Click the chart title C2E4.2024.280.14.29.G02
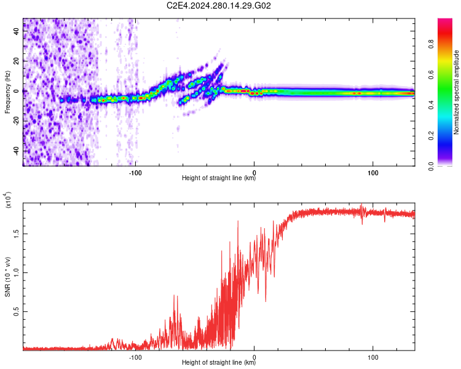click(219, 6)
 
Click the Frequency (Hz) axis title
click(7, 92)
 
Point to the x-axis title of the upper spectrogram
click(219, 179)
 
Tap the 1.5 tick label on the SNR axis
click(15, 232)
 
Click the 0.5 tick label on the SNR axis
click(15, 312)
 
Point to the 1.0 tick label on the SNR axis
click(15, 272)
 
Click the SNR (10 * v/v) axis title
click(7, 276)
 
